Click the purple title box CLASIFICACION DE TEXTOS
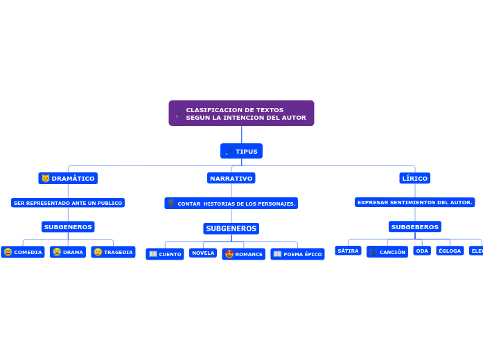click(x=241, y=114)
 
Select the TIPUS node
click(x=241, y=151)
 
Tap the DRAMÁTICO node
click(x=68, y=179)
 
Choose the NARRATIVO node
click(x=231, y=179)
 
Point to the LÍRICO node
click(x=415, y=179)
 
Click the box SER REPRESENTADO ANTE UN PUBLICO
click(x=68, y=203)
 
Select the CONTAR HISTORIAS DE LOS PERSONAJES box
click(x=231, y=204)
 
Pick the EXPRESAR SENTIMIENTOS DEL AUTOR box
click(x=415, y=202)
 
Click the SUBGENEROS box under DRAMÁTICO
click(x=68, y=227)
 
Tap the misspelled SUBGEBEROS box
click(x=415, y=227)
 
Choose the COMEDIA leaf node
click(x=23, y=252)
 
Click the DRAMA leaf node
click(x=68, y=252)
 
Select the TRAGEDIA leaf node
click(x=113, y=252)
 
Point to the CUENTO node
click(x=165, y=254)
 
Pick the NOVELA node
click(x=203, y=253)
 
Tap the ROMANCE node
click(x=244, y=254)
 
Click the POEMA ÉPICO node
click(x=297, y=254)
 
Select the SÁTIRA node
click(x=348, y=251)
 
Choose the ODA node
click(x=422, y=251)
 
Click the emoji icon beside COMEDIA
click(x=8, y=252)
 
